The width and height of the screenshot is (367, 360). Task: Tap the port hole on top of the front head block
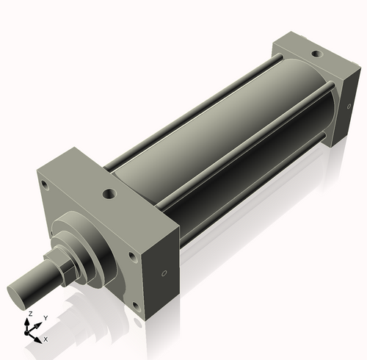pyautogui.click(x=109, y=195)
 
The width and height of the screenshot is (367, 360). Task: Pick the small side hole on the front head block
pyautogui.click(x=164, y=273)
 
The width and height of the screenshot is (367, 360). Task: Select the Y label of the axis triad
pyautogui.click(x=45, y=317)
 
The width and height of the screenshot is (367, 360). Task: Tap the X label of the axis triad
pyautogui.click(x=46, y=339)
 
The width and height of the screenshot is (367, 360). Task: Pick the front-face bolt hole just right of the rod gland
pyautogui.click(x=133, y=256)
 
